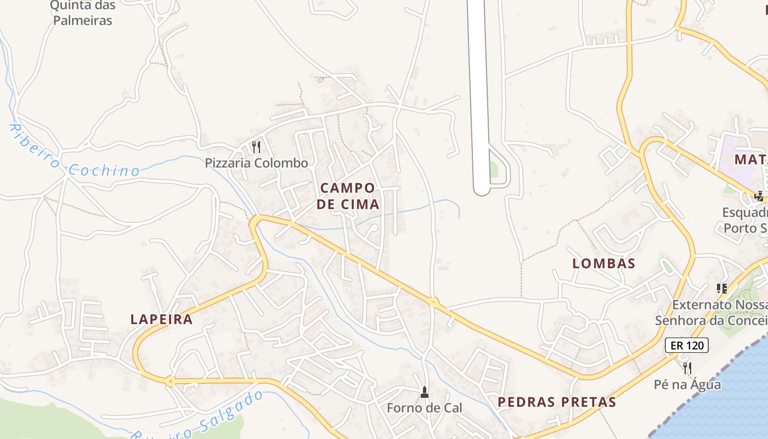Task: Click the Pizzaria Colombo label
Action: click(x=257, y=163)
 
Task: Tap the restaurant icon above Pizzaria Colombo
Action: click(x=256, y=147)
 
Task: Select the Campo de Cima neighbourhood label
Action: click(x=348, y=196)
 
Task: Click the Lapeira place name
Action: click(x=162, y=319)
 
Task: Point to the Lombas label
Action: click(x=604, y=263)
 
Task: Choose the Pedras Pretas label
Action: click(x=557, y=402)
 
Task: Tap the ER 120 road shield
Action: click(x=687, y=345)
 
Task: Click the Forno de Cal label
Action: click(x=425, y=408)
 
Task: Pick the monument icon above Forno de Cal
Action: click(x=424, y=392)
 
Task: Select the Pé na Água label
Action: click(x=687, y=385)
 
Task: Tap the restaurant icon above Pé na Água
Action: click(x=687, y=368)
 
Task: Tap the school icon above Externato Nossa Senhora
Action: click(x=722, y=288)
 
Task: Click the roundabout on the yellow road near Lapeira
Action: click(x=171, y=381)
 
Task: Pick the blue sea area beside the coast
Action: click(x=724, y=401)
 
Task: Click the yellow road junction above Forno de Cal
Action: click(x=433, y=301)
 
